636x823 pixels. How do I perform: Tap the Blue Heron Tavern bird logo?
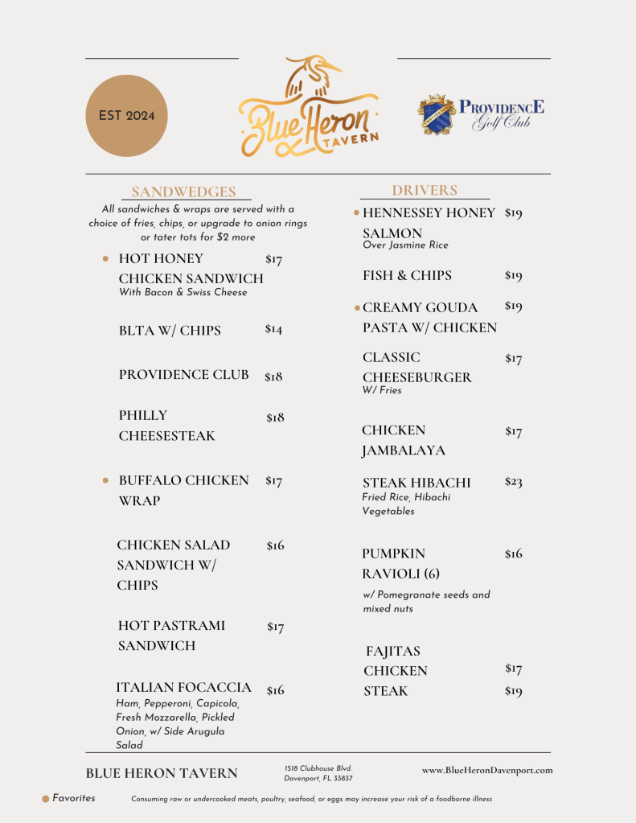[x=309, y=107]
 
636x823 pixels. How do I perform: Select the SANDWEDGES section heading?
[x=183, y=192]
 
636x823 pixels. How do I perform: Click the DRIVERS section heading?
[x=425, y=191]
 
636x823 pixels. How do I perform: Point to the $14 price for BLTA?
[x=273, y=330]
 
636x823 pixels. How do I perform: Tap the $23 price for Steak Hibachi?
[x=513, y=482]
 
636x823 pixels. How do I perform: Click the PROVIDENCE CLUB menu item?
[x=183, y=375]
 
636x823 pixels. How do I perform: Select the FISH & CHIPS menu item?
[x=407, y=275]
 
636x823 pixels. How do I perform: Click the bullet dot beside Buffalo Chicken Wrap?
[x=105, y=481]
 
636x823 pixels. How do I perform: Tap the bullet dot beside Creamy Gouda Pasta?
[x=357, y=307]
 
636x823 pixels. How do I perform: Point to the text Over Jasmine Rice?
[x=405, y=245]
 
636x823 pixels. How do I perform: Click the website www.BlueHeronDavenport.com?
[x=487, y=771]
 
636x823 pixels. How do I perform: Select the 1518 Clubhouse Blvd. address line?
[x=318, y=769]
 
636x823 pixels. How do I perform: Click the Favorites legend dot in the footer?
[x=46, y=799]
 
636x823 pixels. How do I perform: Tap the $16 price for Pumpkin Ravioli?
[x=513, y=553]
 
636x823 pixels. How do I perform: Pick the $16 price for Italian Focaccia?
[x=275, y=690]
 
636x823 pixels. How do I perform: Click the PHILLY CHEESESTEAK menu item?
[x=166, y=426]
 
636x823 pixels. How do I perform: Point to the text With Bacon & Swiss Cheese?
[x=183, y=293]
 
